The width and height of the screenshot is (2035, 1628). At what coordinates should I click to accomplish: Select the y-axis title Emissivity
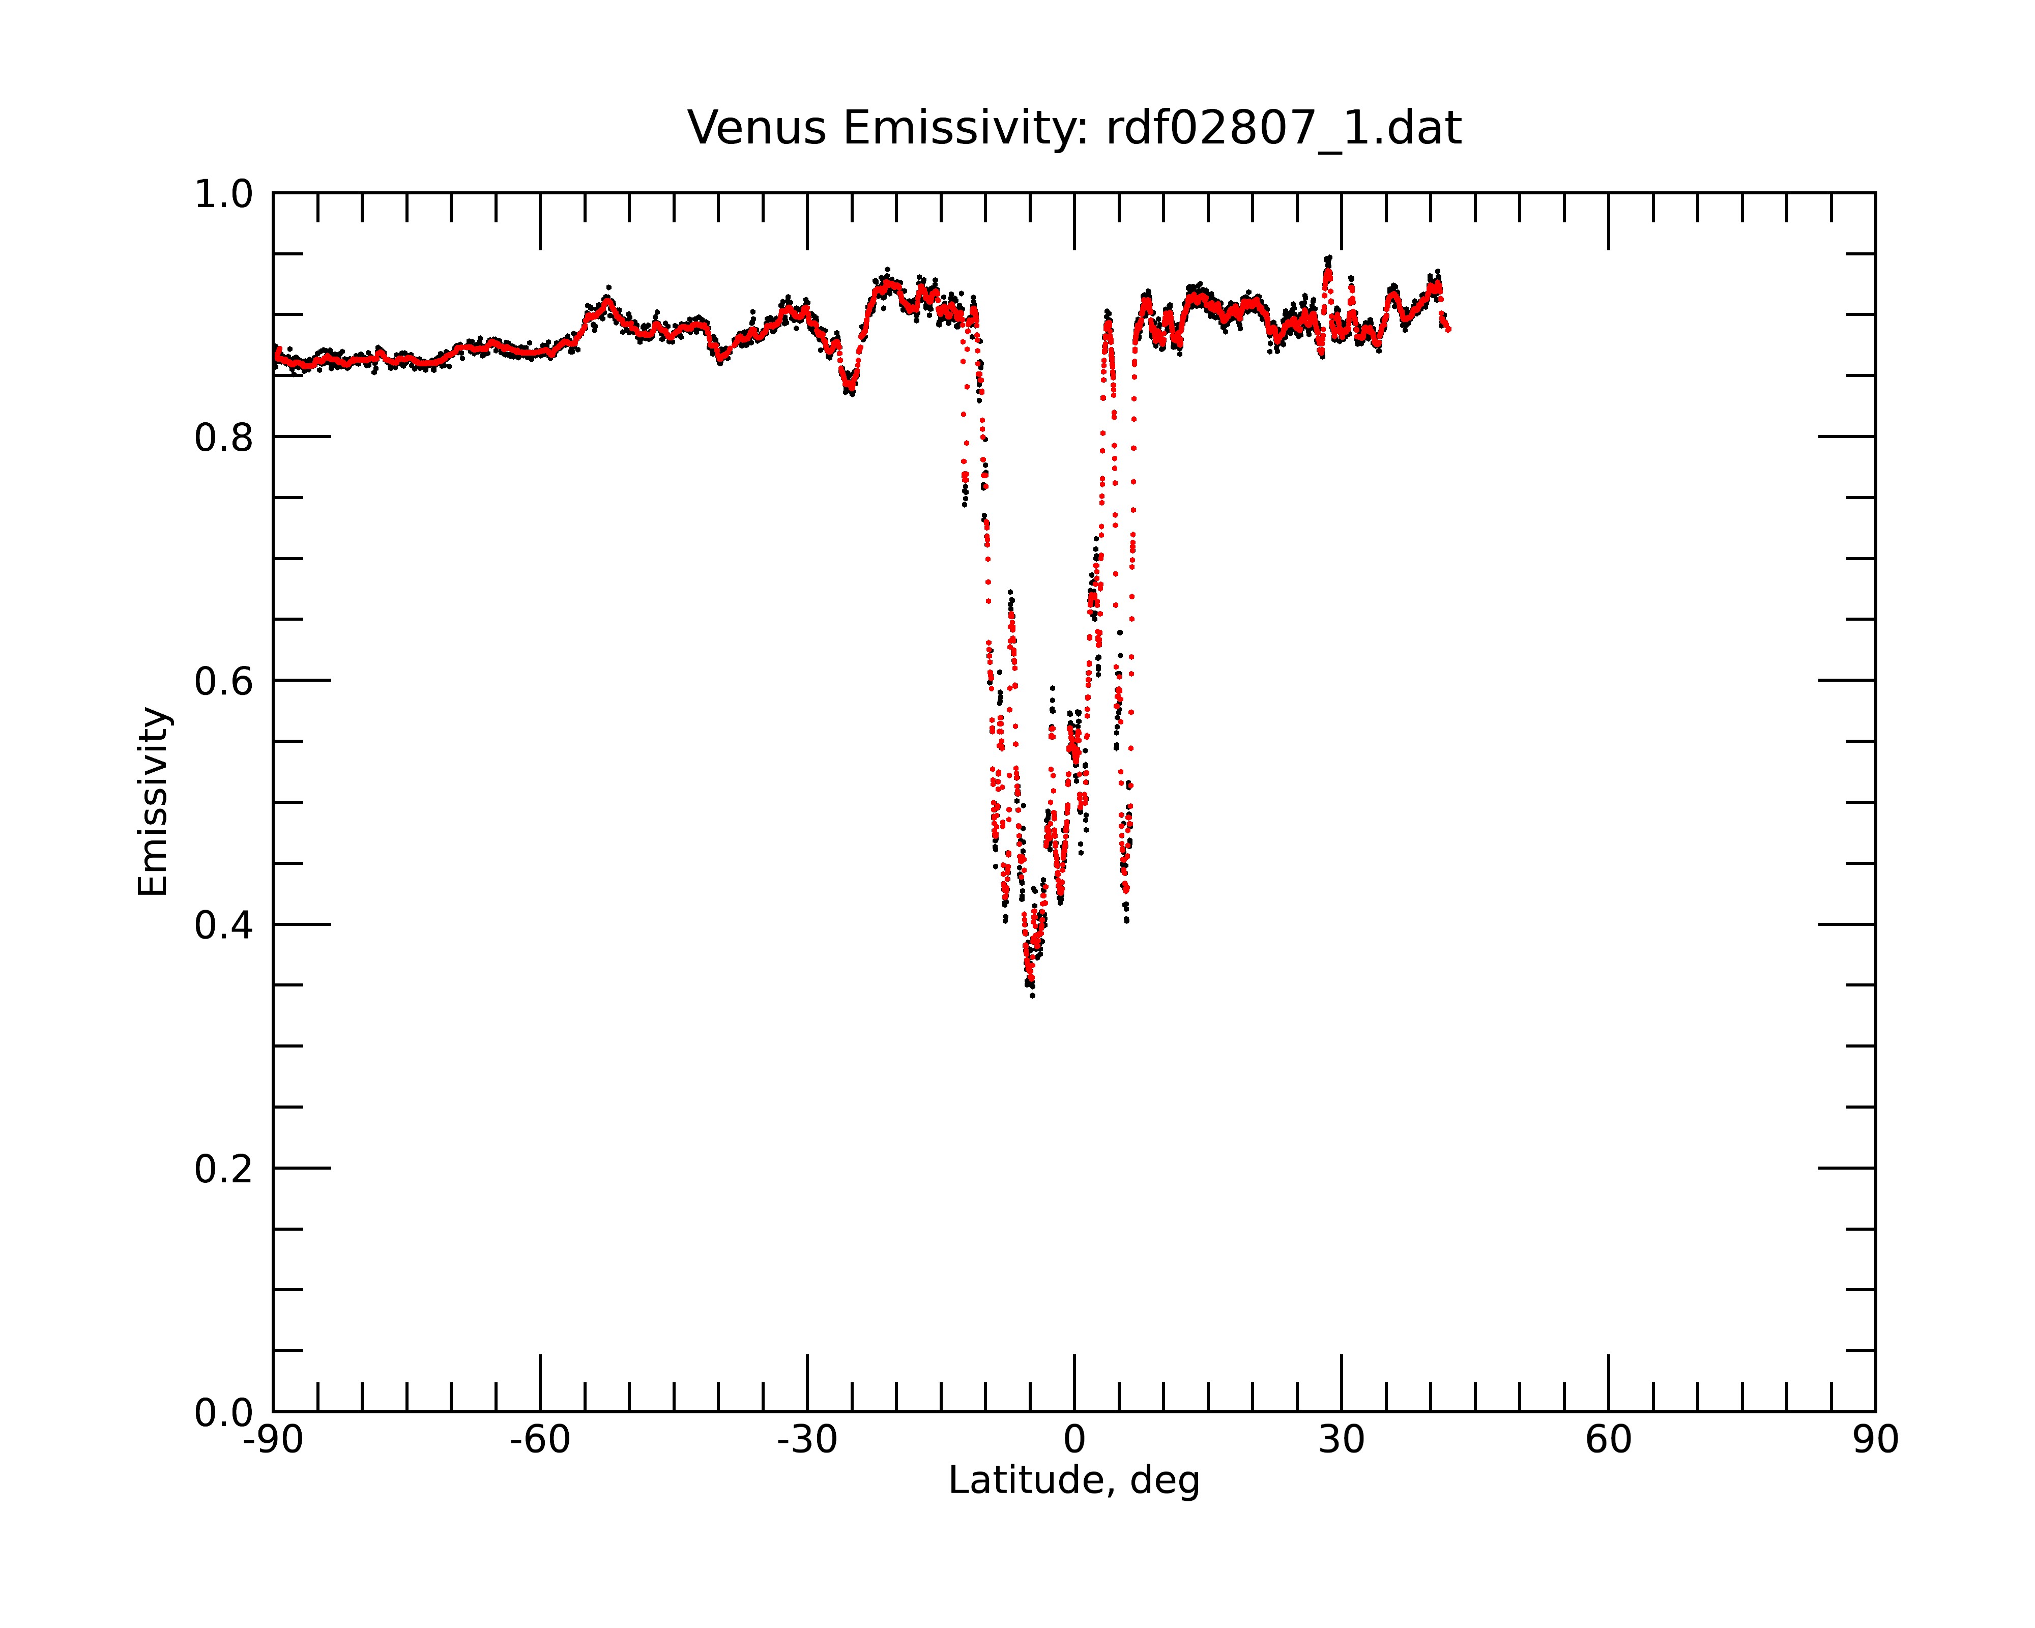pyautogui.click(x=153, y=801)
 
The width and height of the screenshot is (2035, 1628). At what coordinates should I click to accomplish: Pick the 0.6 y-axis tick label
pyautogui.click(x=224, y=681)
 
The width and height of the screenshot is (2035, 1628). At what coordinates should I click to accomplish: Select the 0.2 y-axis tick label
pyautogui.click(x=224, y=1169)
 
